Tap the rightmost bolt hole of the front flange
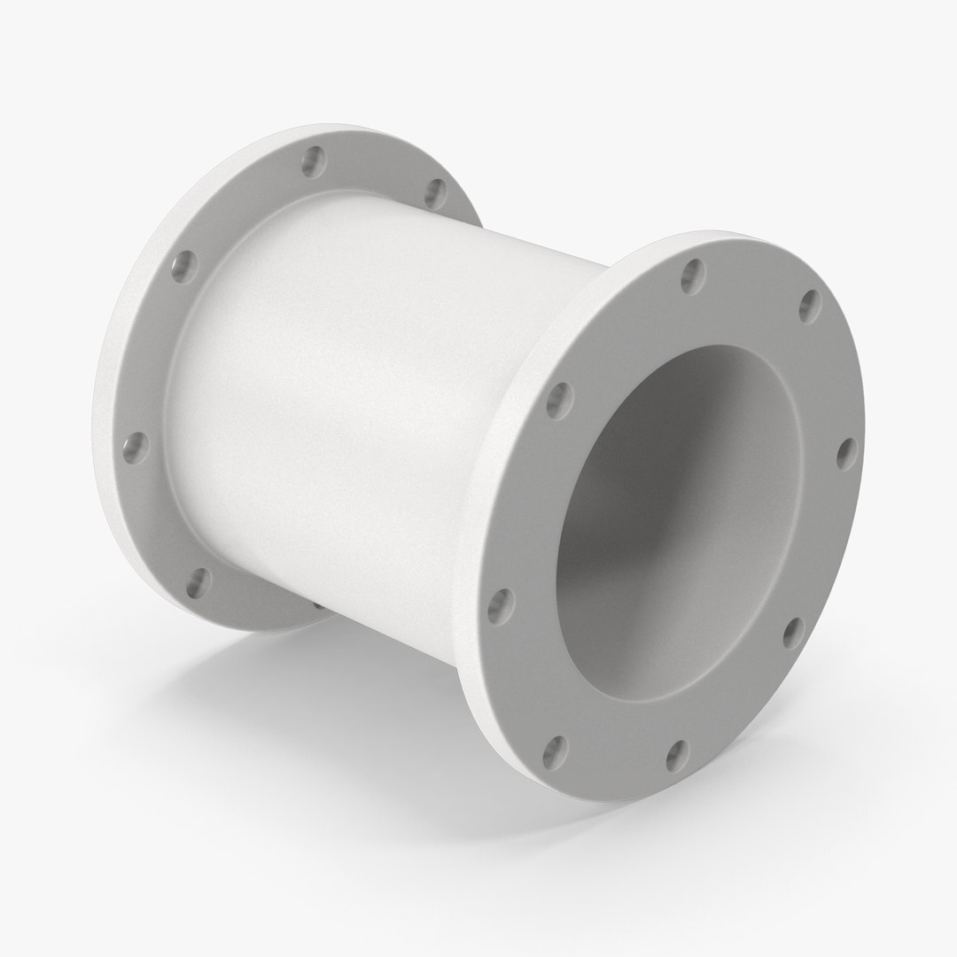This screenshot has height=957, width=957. coord(847,453)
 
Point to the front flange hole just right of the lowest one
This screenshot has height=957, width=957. coord(677,754)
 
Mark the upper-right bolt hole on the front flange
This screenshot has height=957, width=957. coord(810,306)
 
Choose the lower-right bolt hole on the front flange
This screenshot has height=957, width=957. coord(793,631)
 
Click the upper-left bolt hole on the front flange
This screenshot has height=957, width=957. coord(559,401)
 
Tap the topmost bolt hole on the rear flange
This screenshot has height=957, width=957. coord(313,161)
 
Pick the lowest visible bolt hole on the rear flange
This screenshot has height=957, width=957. coord(199,581)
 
